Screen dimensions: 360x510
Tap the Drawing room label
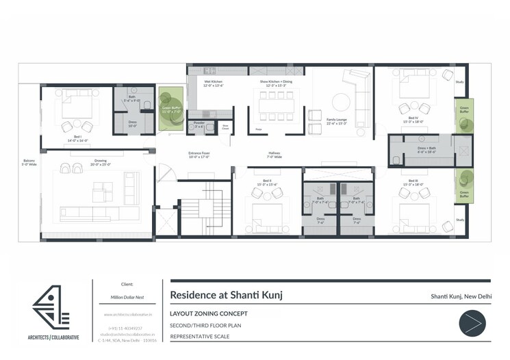click(x=100, y=163)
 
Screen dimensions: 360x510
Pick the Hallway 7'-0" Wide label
click(x=275, y=155)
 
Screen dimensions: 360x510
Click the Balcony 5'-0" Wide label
click(x=29, y=163)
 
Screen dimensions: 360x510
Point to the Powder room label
click(x=199, y=125)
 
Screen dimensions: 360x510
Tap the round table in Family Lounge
click(x=342, y=103)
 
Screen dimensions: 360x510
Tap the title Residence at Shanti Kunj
click(x=225, y=296)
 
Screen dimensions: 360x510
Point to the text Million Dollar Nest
click(x=126, y=298)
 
